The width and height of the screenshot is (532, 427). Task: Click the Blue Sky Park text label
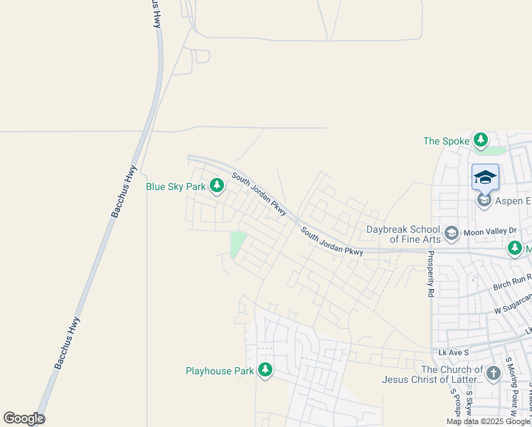pyautogui.click(x=175, y=186)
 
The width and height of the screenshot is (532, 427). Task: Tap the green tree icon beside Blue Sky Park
pyautogui.click(x=217, y=186)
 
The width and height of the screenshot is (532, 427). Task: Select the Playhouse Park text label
pyautogui.click(x=219, y=371)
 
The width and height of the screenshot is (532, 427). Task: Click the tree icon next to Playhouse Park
pyautogui.click(x=265, y=370)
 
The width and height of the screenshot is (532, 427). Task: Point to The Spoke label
pyautogui.click(x=446, y=141)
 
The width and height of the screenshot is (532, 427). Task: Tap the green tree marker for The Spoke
pyautogui.click(x=482, y=140)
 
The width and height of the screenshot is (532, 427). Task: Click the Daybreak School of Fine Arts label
pyautogui.click(x=403, y=234)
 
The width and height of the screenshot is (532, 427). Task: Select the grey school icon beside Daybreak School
pyautogui.click(x=451, y=233)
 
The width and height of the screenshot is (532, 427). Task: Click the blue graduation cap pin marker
pyautogui.click(x=485, y=176)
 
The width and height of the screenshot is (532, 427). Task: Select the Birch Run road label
pyautogui.click(x=512, y=283)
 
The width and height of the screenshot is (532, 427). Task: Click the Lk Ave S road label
pyautogui.click(x=454, y=352)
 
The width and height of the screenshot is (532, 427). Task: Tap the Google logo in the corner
pyautogui.click(x=24, y=418)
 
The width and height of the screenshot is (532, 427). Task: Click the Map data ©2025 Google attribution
pyautogui.click(x=489, y=421)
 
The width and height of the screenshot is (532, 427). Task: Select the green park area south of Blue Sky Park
pyautogui.click(x=238, y=244)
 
